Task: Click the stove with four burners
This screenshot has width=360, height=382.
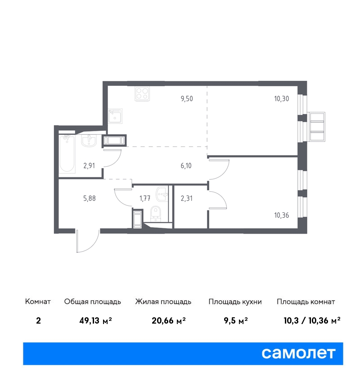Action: click(142, 94)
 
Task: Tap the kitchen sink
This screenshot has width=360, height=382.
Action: click(115, 115)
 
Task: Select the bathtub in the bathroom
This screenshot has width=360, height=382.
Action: click(67, 154)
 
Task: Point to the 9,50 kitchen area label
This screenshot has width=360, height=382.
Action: click(187, 99)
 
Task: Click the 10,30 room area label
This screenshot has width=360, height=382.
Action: click(281, 99)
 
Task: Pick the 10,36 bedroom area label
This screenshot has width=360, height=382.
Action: click(281, 215)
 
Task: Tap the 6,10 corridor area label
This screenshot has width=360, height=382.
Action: click(186, 166)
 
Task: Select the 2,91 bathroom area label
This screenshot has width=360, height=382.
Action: click(89, 166)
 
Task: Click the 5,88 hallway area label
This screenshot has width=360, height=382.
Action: click(90, 198)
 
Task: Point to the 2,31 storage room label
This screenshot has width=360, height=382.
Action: click(187, 198)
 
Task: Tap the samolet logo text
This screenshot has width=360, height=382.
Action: click(298, 353)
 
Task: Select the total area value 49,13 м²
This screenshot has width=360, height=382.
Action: click(95, 320)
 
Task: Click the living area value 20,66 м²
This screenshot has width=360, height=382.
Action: click(169, 320)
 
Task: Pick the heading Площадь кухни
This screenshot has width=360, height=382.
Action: click(235, 302)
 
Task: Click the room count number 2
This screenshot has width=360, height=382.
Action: click(38, 320)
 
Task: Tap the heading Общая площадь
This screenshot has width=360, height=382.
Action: click(92, 302)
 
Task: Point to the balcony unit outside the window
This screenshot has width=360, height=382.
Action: click(316, 126)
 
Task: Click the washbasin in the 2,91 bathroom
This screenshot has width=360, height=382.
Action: click(89, 141)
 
